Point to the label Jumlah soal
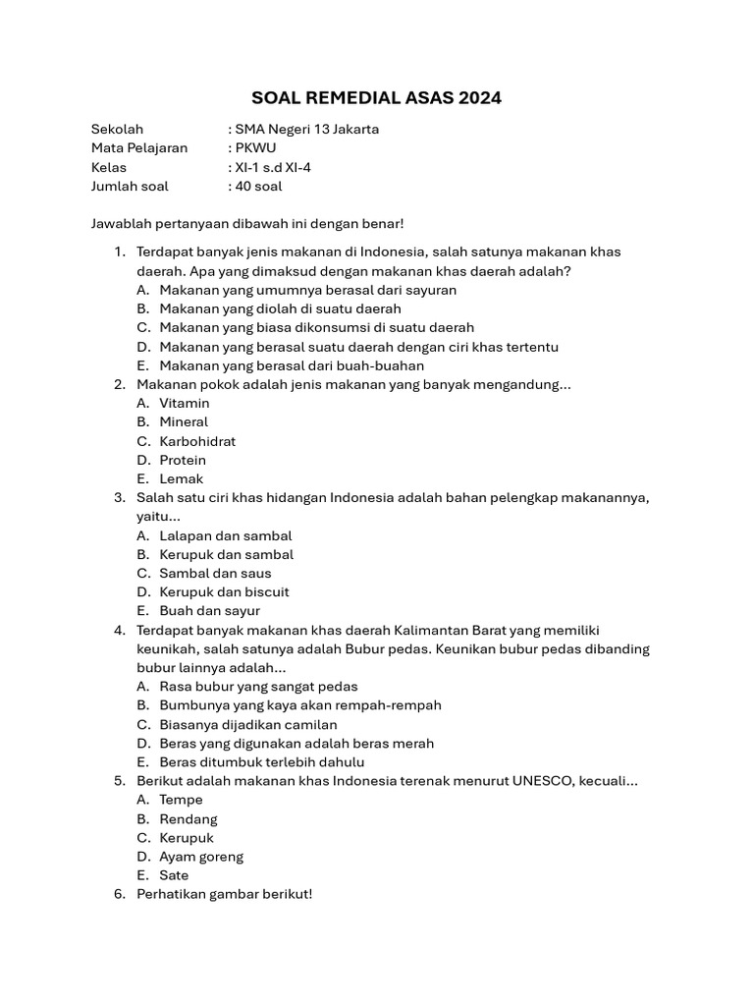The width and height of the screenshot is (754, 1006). point(130,186)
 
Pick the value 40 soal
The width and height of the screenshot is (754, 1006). point(258,186)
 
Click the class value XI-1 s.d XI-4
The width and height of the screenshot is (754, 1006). point(273,167)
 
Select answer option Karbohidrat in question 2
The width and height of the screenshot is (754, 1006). point(197,441)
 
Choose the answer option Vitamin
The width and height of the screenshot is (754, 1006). point(185,403)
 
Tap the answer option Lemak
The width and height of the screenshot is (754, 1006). point(182,478)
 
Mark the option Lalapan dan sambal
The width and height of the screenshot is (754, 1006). point(226,535)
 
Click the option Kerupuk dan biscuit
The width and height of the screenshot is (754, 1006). point(224,591)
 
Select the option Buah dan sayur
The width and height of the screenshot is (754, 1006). point(209,610)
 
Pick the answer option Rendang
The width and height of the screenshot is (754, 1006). point(188,818)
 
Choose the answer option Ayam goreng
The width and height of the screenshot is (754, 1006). point(201,856)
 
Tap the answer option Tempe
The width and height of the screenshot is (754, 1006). point(181,800)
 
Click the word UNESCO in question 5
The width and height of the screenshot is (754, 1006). point(543,781)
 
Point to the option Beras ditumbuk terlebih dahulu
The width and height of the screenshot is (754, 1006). point(261,761)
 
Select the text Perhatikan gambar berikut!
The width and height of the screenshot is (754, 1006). point(224,894)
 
